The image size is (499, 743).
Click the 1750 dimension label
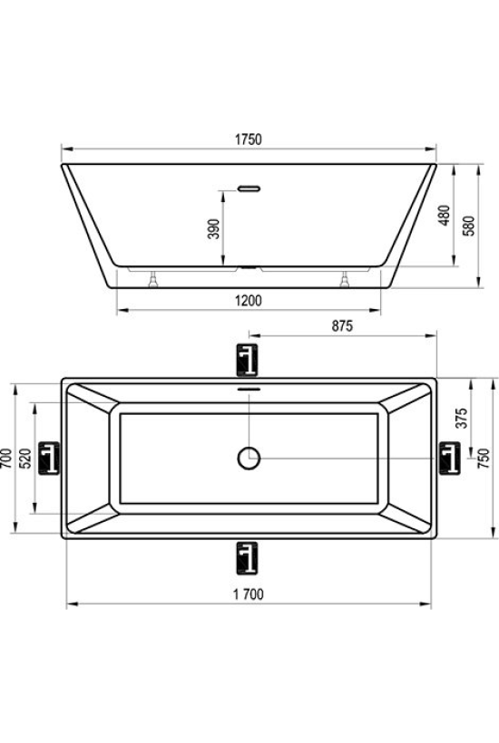249,140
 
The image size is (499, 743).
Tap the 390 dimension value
214,229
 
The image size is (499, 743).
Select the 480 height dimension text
444,216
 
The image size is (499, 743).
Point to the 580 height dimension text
469,227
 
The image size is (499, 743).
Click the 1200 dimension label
249,301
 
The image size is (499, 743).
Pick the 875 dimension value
342,326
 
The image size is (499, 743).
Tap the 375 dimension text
462,418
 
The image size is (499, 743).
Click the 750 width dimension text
484,458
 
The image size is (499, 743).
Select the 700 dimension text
6,458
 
